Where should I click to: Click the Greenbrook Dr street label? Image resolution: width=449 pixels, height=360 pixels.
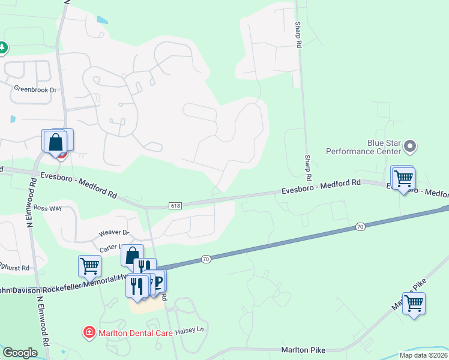coord(35,89)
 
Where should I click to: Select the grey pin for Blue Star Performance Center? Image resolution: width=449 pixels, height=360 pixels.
coord(411,146)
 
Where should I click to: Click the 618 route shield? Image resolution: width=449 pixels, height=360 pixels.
coord(175,205)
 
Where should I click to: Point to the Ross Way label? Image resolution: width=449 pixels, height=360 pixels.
coord(48,208)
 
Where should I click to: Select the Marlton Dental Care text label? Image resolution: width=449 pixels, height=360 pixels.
coord(131,331)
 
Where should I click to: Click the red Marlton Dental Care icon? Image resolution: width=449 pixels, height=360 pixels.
coord(89,332)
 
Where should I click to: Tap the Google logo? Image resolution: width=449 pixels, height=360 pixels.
coord(20,353)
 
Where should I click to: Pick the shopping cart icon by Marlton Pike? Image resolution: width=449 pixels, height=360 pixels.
coord(414,304)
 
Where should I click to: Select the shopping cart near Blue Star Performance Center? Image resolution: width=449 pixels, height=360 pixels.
coord(403,178)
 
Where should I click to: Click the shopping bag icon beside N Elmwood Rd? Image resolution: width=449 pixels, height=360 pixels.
coord(56,142)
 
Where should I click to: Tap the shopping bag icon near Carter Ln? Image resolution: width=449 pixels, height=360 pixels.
coord(133,256)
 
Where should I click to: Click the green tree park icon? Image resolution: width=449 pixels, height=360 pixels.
coord(2,47)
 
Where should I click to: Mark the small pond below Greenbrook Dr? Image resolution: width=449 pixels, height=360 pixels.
coord(13,119)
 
